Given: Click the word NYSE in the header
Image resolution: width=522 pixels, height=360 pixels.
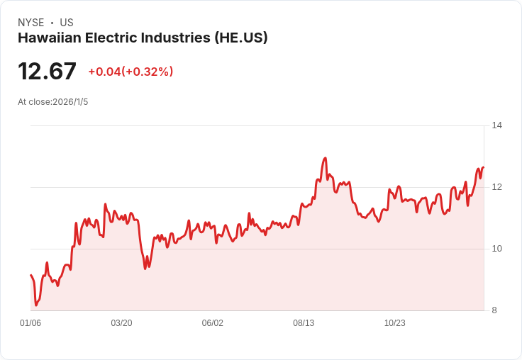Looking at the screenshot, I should point(30,23).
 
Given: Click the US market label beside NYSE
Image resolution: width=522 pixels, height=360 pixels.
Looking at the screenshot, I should point(67,23).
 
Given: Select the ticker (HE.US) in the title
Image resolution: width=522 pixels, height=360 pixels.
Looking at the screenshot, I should point(241,38).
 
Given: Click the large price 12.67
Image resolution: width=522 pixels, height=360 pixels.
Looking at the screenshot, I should point(47,72).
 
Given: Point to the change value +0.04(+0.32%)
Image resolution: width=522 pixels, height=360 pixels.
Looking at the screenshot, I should point(130,72).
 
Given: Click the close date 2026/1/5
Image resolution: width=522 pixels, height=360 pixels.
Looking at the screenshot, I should point(70,102).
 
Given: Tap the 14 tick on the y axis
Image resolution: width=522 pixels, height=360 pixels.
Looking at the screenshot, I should point(496,125).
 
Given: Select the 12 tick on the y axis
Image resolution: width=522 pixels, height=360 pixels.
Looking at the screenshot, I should point(496,187).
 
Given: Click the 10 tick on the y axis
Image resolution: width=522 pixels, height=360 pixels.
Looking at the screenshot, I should point(496,249).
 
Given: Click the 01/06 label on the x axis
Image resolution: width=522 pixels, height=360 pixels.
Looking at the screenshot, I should point(30,323).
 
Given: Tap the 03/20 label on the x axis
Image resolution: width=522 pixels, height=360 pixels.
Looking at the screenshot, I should point(121,323).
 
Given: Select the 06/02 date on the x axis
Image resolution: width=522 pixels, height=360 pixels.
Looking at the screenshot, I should point(212,323).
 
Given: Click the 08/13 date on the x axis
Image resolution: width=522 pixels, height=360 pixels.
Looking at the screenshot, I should point(304,323).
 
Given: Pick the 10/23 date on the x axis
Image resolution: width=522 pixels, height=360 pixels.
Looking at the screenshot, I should point(394,323).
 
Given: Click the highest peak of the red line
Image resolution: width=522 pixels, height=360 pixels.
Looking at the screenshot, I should point(325,158).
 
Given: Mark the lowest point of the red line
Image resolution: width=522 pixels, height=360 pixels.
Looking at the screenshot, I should point(35,305).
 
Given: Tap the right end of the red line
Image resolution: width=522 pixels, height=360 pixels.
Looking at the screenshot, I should point(483,168).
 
